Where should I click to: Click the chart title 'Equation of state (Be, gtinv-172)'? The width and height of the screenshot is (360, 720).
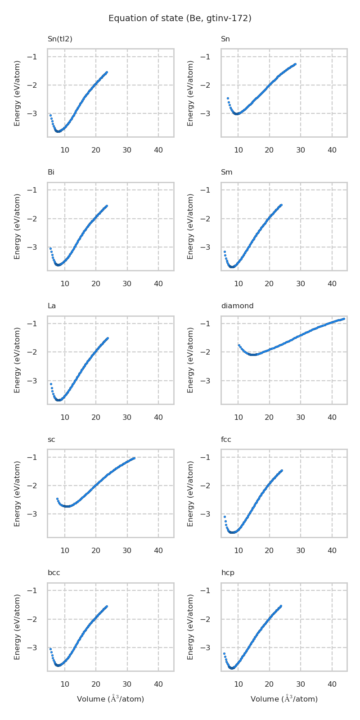(180, 18)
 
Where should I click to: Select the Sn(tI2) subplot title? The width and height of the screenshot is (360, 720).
(60, 39)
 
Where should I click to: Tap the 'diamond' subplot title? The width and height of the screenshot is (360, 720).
(237, 306)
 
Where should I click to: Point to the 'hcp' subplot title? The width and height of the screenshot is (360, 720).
(228, 573)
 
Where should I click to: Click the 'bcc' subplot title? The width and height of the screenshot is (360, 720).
(54, 573)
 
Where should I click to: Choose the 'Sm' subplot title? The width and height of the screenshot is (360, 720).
(226, 172)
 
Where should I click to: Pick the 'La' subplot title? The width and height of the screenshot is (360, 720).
(52, 306)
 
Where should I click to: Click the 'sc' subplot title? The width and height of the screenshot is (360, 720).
(51, 440)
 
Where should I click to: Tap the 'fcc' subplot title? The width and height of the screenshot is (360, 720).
(226, 440)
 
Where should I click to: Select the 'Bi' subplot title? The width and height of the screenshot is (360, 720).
(51, 172)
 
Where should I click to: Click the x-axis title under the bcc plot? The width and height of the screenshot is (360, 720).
(110, 699)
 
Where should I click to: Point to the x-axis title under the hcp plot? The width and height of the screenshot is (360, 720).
(284, 699)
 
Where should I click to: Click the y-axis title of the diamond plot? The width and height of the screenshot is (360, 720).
(190, 360)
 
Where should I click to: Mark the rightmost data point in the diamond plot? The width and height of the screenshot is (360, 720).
(344, 319)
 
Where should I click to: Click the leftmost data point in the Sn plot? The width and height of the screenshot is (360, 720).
(228, 98)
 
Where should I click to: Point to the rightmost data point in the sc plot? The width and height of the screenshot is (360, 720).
(134, 458)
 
